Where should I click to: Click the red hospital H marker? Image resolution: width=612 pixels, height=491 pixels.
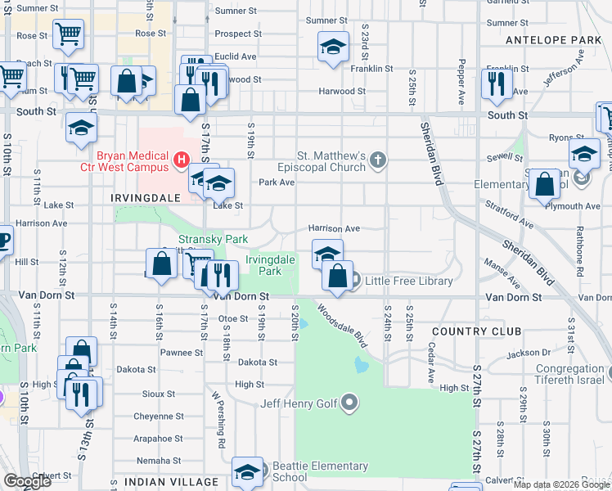[182, 157]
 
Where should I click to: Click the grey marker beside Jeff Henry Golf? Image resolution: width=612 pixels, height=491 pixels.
[350, 403]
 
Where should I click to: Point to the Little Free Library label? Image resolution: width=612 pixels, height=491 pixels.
[408, 281]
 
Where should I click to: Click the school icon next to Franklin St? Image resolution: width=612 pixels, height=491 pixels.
[332, 47]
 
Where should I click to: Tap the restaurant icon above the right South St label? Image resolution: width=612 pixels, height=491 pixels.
[497, 84]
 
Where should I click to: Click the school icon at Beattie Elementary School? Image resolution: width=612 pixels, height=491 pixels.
[247, 471]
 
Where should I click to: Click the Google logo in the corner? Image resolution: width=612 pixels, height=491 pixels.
[28, 481]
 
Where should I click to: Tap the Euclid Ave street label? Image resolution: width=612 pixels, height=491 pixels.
[236, 56]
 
